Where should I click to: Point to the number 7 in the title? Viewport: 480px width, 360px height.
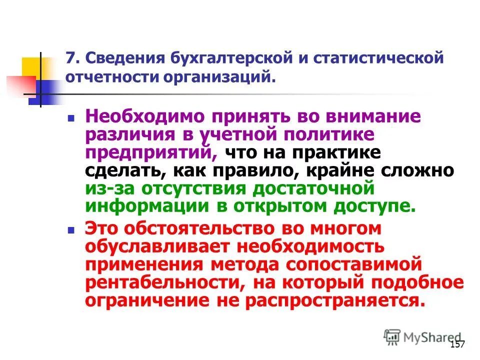[71, 58]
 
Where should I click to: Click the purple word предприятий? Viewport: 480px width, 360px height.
[150, 152]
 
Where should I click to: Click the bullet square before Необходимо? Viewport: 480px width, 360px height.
[71, 119]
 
